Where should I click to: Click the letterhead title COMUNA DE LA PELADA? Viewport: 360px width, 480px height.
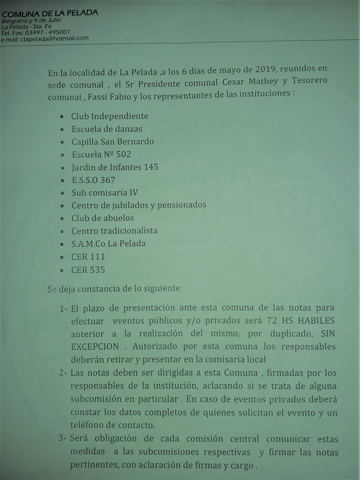click(x=49, y=12)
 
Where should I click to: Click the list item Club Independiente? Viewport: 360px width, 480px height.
click(x=109, y=116)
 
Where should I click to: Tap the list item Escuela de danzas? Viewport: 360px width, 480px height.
click(x=106, y=129)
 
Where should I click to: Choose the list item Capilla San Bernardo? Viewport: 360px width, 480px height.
click(x=112, y=141)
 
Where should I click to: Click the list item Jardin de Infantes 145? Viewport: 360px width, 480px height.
click(x=114, y=167)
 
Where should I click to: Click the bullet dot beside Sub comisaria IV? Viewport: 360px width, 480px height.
click(x=61, y=193)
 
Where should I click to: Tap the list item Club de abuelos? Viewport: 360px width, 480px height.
click(x=102, y=218)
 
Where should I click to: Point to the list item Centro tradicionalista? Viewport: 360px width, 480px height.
click(x=114, y=231)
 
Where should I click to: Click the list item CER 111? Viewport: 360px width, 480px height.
click(x=88, y=256)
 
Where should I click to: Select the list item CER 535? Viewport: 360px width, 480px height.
click(x=88, y=269)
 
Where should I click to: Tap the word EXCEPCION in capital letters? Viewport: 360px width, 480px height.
click(x=94, y=346)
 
